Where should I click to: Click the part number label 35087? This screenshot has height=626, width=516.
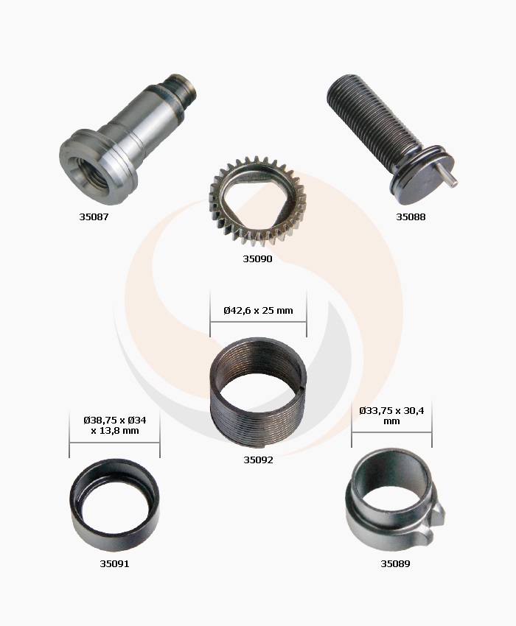click(x=94, y=217)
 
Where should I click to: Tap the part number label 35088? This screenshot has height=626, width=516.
click(x=411, y=217)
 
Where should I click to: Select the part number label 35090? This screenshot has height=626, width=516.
click(x=257, y=259)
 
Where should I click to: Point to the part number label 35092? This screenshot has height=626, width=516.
click(x=258, y=460)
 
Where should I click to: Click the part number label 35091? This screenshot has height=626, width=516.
click(x=114, y=563)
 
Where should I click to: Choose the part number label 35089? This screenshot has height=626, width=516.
click(x=395, y=563)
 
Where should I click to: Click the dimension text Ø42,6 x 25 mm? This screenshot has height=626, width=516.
click(x=258, y=310)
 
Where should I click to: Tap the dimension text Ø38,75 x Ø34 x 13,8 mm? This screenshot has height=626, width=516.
click(x=115, y=425)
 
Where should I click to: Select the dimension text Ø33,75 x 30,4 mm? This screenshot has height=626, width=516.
click(x=391, y=415)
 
